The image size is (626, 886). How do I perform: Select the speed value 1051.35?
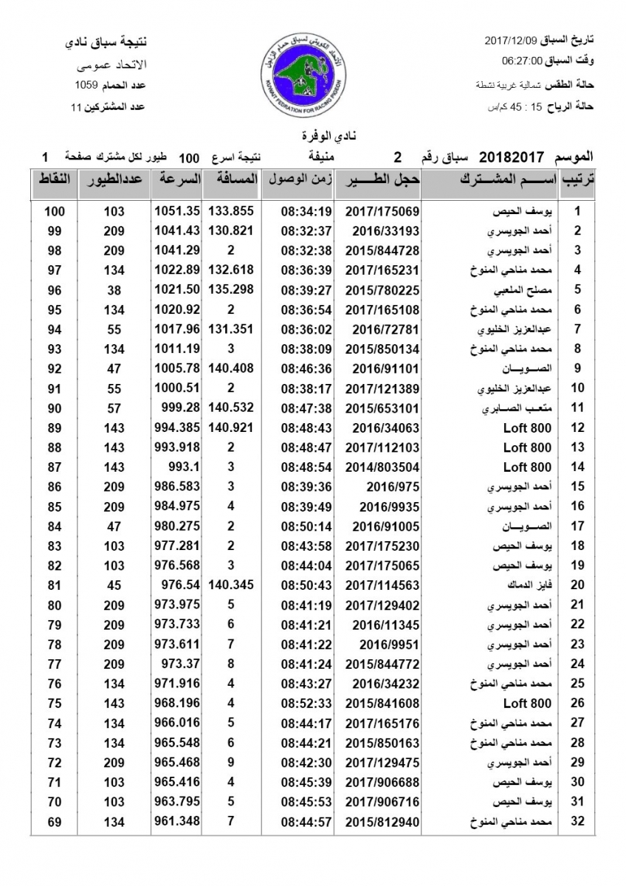pyautogui.click(x=177, y=211)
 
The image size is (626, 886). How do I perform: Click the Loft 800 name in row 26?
pyautogui.click(x=527, y=703)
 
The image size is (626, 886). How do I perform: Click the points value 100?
pyautogui.click(x=55, y=211)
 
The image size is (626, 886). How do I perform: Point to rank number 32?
pyautogui.click(x=578, y=821)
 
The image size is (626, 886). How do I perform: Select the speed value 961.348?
pyautogui.click(x=177, y=821)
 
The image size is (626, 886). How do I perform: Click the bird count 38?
pyautogui.click(x=114, y=289)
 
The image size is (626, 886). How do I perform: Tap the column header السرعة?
pyautogui.click(x=177, y=180)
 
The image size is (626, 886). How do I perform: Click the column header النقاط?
pyautogui.click(x=55, y=180)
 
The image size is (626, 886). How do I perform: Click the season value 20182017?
pyautogui.click(x=512, y=157)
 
